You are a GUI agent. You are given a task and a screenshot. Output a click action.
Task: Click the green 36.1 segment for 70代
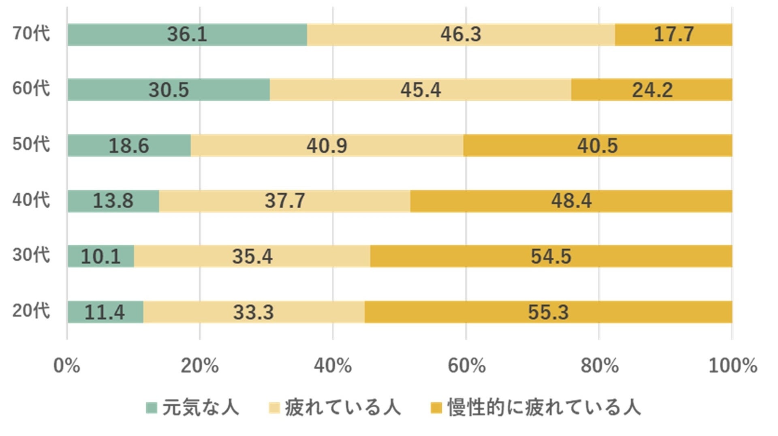coord(187,34)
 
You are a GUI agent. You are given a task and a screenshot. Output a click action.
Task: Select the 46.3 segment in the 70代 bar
coord(461,34)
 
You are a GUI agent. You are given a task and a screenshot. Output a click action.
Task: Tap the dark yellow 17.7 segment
coord(673,34)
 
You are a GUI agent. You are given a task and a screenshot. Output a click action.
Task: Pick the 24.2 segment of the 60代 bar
coord(652,90)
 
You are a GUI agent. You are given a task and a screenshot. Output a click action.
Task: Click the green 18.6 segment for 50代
coord(129,145)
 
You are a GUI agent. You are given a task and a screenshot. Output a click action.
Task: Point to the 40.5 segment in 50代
coord(598,145)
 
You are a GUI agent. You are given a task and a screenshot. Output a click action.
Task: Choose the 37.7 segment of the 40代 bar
coord(284,201)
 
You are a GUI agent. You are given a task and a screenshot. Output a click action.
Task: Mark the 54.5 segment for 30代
coord(551,256)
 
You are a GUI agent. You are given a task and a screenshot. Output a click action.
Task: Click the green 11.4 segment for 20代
coord(105,312)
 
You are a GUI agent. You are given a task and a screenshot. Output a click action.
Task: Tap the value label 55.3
coord(548,312)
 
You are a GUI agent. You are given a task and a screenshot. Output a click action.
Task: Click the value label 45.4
coord(421,90)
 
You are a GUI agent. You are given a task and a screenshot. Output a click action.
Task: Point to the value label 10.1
coord(101,256)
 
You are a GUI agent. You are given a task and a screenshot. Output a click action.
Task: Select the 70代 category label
coord(31,33)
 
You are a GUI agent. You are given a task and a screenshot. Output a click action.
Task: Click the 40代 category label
coord(31,200)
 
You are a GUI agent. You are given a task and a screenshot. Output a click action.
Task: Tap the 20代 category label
coord(31,311)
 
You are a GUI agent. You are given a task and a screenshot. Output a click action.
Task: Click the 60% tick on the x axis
coord(466,365)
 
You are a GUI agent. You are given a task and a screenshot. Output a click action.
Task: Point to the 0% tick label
coord(67,365)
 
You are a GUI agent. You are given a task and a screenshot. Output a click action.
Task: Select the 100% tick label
coord(733,365)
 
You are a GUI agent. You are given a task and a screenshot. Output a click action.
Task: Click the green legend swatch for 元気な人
coord(152,408)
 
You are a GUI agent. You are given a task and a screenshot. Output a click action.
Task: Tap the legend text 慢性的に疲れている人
coord(544,408)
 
